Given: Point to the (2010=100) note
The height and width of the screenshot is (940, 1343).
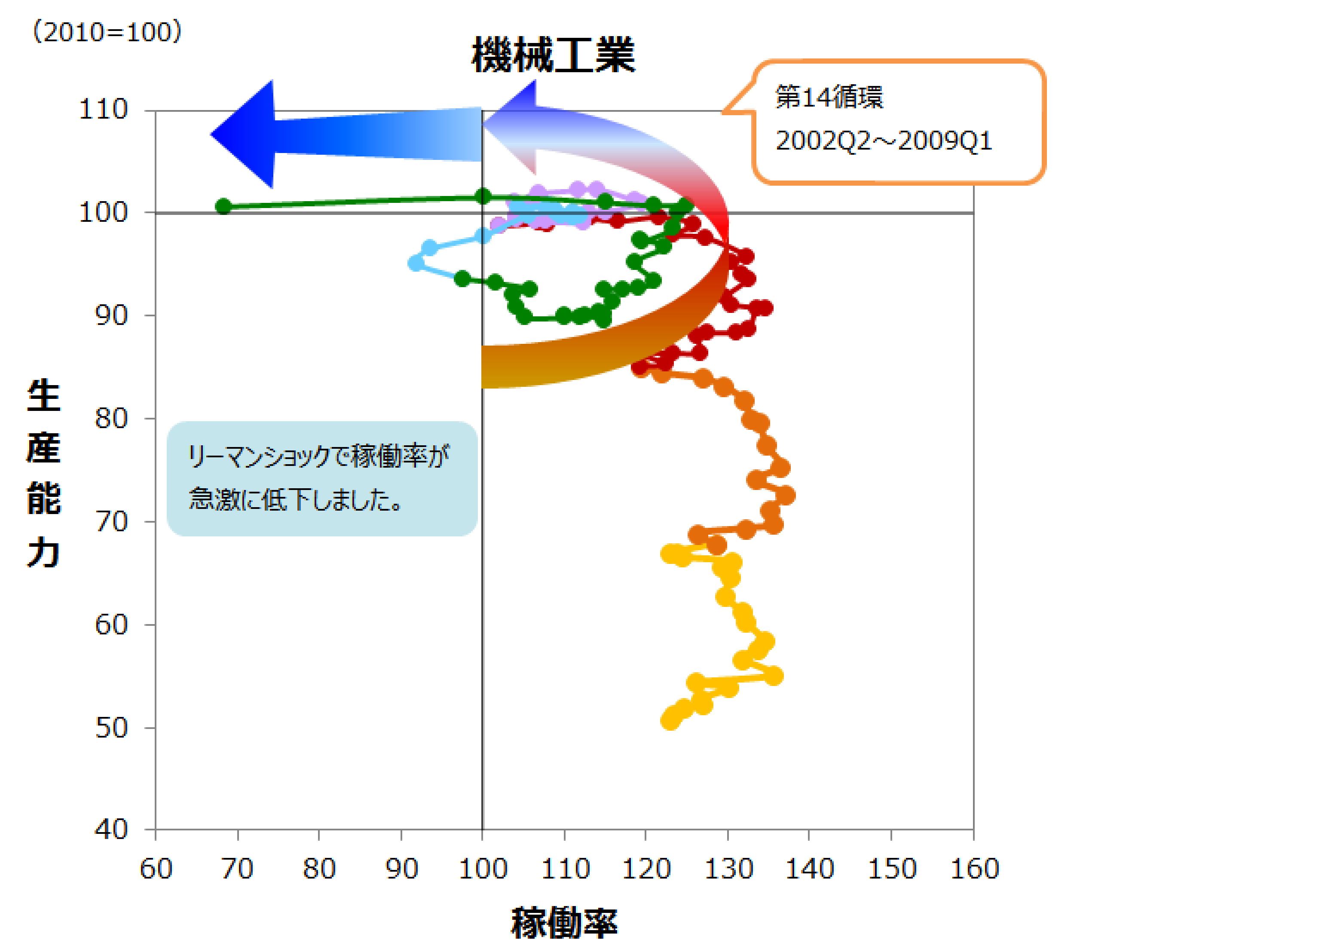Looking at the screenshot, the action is click(107, 31).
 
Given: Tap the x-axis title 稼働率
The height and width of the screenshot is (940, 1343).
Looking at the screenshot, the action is click(564, 922).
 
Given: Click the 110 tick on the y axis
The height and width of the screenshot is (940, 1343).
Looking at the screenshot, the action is click(103, 109).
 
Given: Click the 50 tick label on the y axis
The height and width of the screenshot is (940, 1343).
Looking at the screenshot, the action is click(111, 728).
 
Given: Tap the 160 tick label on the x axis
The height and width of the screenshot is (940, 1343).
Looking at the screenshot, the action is click(974, 869).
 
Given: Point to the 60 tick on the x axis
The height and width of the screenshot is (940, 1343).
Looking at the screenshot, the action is click(156, 869).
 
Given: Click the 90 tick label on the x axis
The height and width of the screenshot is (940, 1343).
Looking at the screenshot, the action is click(401, 869).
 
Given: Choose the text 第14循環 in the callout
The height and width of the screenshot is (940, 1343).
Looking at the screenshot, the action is click(829, 97).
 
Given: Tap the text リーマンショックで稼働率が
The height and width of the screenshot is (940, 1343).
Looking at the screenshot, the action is click(318, 456).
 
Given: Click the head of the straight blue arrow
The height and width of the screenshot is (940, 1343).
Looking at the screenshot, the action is click(212, 135).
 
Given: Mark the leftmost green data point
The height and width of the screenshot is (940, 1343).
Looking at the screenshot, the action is click(223, 206).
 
